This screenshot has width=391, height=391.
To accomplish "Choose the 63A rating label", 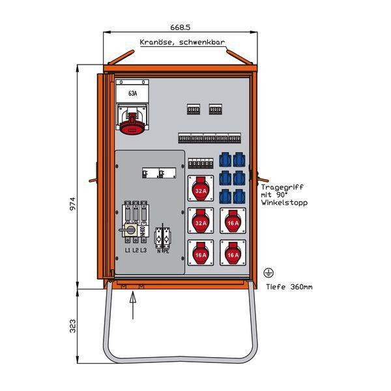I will [x=133, y=94].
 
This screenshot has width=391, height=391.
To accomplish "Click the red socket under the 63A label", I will [x=133, y=122].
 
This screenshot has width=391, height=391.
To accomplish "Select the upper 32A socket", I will [x=201, y=190].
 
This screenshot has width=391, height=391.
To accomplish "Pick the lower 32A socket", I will [x=201, y=224].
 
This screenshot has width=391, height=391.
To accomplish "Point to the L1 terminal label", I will [x=126, y=250].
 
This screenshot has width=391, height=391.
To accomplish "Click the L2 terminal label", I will [x=135, y=250].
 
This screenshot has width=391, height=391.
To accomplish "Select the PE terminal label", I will [x=166, y=250].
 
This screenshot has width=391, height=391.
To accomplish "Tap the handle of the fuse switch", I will [x=126, y=231].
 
